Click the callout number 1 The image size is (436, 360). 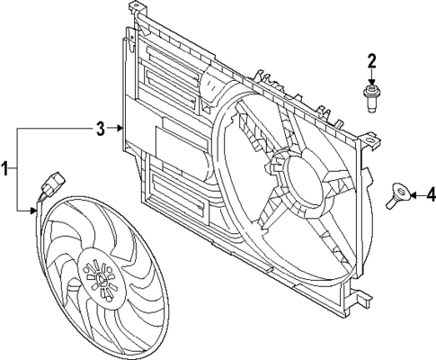click(6, 168)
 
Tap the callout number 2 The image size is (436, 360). click(371, 61)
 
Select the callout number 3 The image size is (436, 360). click(102, 129)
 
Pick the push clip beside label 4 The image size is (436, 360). click(398, 194)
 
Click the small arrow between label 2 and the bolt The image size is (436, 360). click(371, 78)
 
